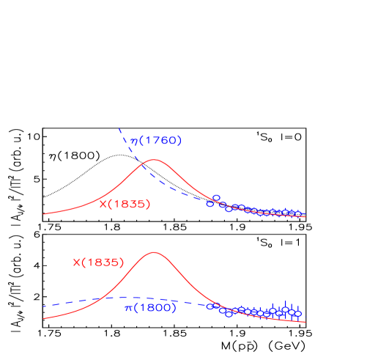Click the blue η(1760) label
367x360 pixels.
click(155, 141)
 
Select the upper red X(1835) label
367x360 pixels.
click(125, 205)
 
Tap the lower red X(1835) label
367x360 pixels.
click(98, 262)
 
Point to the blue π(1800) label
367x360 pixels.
click(150, 308)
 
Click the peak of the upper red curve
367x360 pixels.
click(154, 159)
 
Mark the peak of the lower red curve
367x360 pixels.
click(154, 252)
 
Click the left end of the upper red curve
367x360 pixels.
click(44, 214)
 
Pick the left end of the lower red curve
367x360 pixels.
click(43, 319)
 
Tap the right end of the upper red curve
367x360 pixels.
click(305, 217)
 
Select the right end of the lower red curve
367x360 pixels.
click(305, 322)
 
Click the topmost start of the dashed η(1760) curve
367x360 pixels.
click(119, 129)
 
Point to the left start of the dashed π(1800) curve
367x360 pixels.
click(43, 306)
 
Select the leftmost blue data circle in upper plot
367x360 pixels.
click(210, 204)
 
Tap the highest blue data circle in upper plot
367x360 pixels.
click(216, 198)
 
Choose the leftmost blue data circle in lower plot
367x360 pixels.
click(210, 306)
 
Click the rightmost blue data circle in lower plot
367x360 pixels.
click(297, 313)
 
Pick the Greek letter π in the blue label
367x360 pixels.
click(127, 309)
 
